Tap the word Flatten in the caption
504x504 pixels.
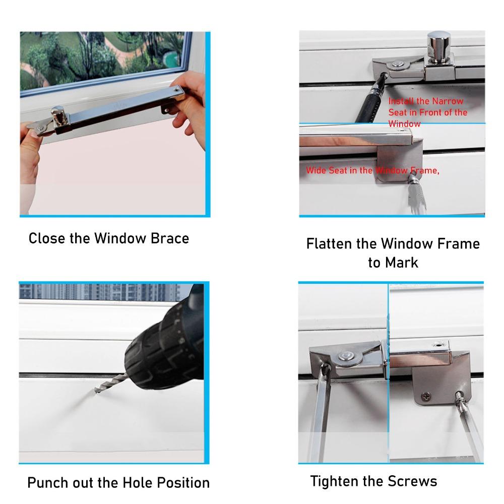pos(330,244)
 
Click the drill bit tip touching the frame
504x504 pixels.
pos(96,389)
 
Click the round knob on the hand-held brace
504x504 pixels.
pos(59,115)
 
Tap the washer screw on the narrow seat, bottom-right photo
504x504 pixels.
pos(347,356)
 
